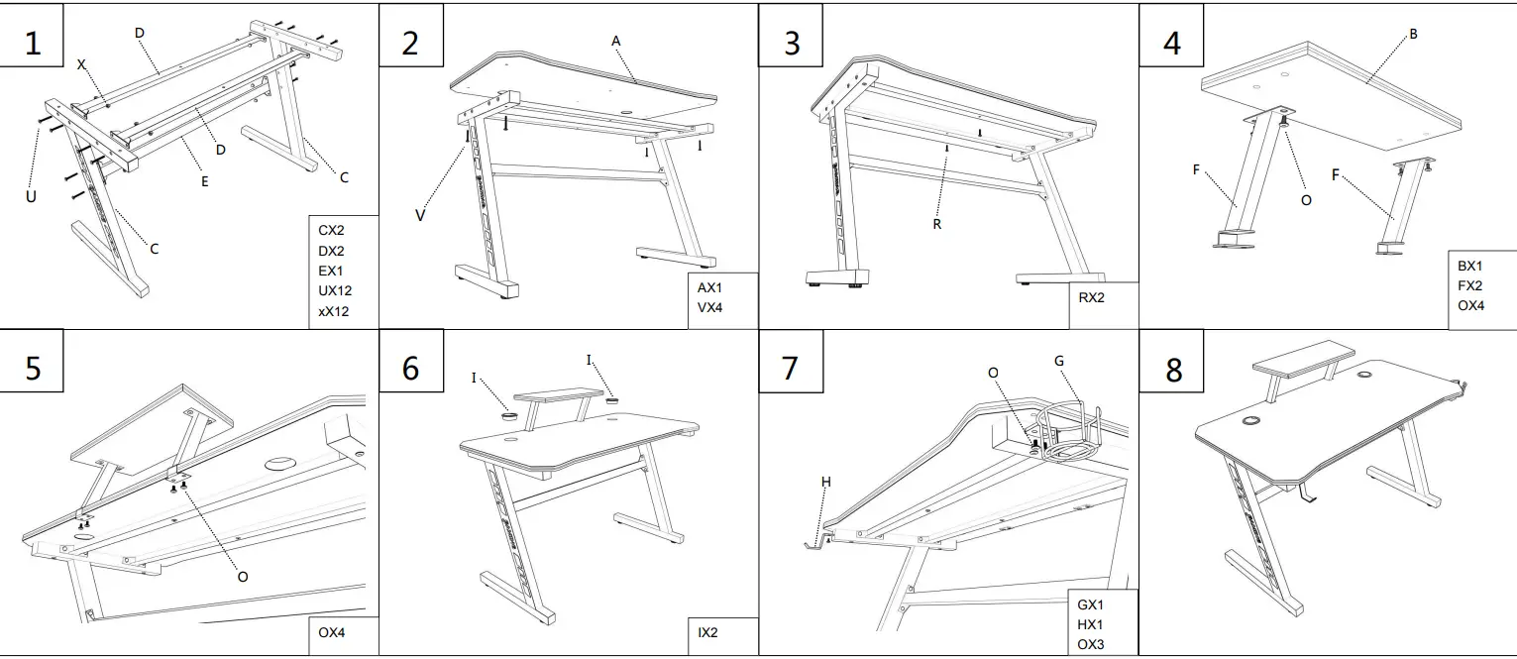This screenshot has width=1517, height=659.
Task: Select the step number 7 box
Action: pos(790,367)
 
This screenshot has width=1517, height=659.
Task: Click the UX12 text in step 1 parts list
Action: pos(335,291)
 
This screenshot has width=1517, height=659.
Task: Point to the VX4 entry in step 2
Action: pos(710,308)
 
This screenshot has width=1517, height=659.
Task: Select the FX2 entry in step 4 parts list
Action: pos(1470,285)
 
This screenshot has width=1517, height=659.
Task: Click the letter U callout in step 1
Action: pos(31,197)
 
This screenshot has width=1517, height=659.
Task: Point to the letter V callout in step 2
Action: pos(420,215)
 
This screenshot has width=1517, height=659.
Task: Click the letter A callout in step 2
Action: pos(615,41)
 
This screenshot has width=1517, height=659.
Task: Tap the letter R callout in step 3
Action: pos(936,225)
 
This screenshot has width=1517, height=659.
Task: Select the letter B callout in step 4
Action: pos(1414,34)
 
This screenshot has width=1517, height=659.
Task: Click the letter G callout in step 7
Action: pos(1058,361)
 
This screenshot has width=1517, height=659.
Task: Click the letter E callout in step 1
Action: pos(204,181)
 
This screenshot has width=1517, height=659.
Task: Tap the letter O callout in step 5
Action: pos(243,576)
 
